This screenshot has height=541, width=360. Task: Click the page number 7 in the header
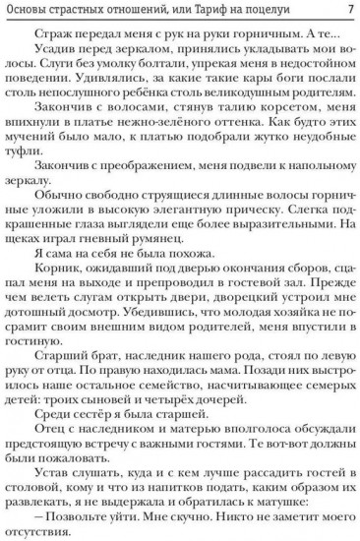[349, 11]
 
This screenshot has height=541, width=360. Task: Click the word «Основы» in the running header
[30, 11]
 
